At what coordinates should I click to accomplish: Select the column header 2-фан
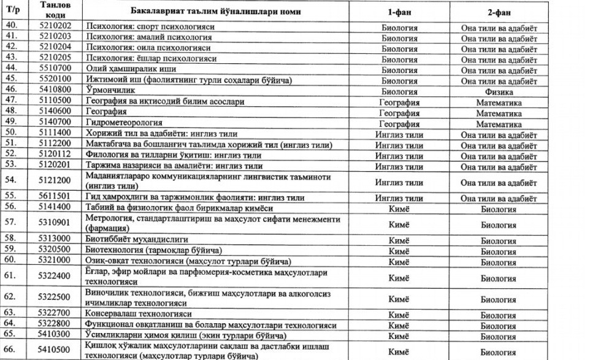click(x=498, y=12)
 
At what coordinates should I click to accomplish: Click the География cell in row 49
click(x=399, y=123)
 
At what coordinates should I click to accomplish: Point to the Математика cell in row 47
click(x=498, y=102)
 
